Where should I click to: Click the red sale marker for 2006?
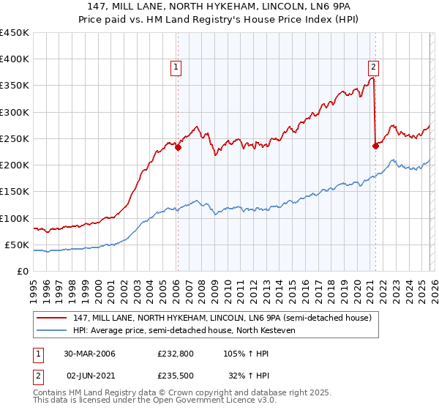tap(178, 147)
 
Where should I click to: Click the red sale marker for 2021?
tap(375, 146)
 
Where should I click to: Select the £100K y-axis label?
tap(15, 218)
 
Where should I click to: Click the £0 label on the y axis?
tap(22, 271)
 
